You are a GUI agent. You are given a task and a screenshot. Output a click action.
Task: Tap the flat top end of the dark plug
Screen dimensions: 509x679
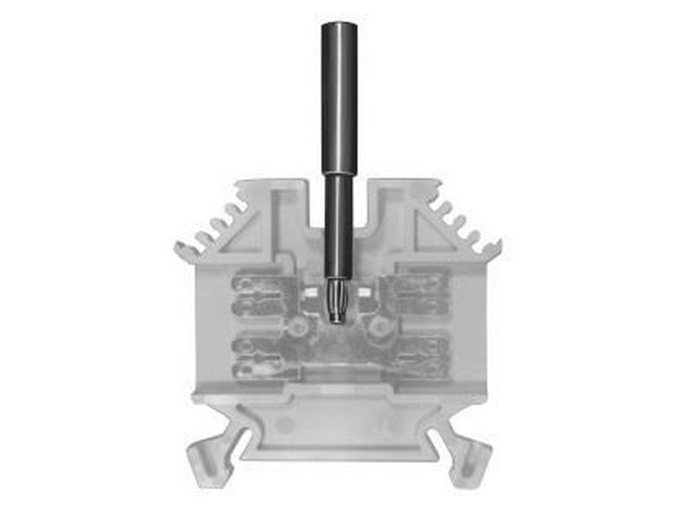(x=339, y=25)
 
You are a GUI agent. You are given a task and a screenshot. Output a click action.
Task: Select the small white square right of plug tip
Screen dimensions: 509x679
(x=364, y=292)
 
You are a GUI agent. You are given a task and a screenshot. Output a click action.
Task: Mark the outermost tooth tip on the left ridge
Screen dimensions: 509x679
(x=180, y=251)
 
